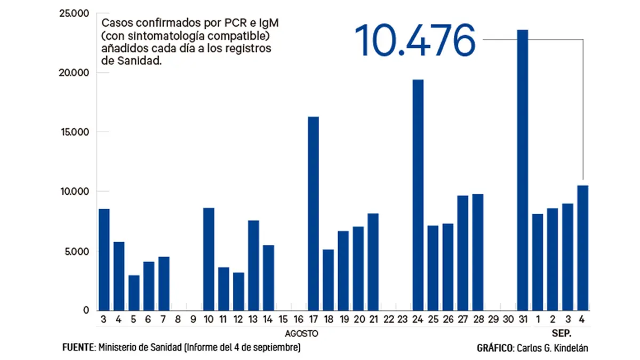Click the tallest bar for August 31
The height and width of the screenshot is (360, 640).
pos(522,171)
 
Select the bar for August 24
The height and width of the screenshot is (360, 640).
pos(418,195)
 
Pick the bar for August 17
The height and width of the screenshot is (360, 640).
pos(313,213)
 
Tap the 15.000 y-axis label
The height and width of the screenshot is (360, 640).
pos(74,132)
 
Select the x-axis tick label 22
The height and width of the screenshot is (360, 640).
pos(388,319)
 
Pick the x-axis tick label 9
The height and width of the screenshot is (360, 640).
pos(194,319)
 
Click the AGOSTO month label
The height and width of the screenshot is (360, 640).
pos(301,333)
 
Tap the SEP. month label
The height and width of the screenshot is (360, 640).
pos(561,333)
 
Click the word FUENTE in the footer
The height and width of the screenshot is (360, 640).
pos(78,348)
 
